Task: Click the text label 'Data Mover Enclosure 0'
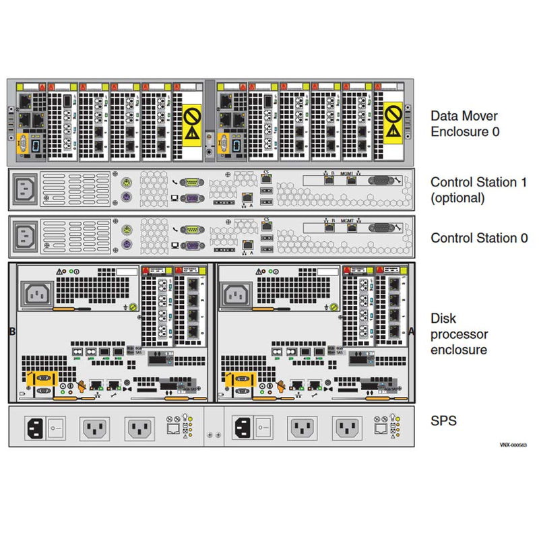[466, 123]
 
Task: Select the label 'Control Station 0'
[480, 238]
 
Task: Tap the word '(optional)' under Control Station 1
[457, 198]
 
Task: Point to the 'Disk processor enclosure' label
[459, 334]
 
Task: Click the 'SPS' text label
[443, 421]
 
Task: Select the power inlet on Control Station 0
[26, 235]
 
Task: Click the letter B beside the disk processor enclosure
[11, 331]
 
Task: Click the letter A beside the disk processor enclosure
[412, 331]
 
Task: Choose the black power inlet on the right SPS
[243, 427]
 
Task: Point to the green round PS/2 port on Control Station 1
[126, 183]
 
